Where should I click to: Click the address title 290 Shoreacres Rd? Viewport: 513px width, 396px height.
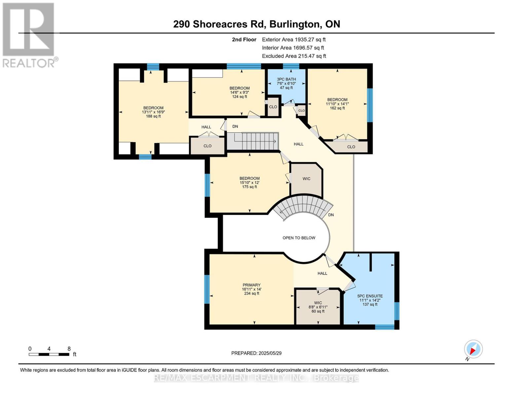[x=256, y=24]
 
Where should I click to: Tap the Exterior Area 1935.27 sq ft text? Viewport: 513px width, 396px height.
[x=294, y=39]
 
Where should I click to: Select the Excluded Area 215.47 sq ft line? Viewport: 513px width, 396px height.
[x=294, y=56]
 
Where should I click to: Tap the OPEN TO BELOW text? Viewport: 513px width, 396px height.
[x=299, y=238]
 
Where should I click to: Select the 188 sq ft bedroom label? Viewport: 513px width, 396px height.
[x=153, y=112]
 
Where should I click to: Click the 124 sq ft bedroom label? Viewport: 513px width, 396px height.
[x=239, y=92]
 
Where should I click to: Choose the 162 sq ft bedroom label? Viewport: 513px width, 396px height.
[x=337, y=104]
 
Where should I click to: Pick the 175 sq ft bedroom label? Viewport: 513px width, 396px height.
[x=249, y=182]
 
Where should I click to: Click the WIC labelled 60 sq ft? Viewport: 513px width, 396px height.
[x=318, y=307]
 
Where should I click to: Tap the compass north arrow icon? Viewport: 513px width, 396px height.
[x=473, y=349]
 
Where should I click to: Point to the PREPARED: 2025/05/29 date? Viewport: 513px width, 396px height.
[x=256, y=353]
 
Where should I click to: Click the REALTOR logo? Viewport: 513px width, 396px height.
[x=29, y=35]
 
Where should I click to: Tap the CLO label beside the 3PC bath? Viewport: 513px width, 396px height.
[x=273, y=107]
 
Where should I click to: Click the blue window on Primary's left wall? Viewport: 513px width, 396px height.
[x=207, y=289]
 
